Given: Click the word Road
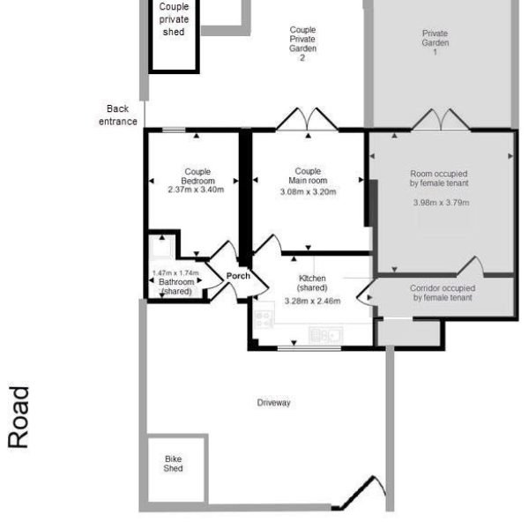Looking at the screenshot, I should click(19, 417).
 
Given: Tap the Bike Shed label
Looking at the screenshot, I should click(173, 464).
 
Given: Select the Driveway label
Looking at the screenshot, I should click(273, 403).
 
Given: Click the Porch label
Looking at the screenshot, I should click(238, 276).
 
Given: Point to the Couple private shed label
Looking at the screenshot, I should click(174, 19).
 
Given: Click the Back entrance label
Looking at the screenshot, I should click(117, 115).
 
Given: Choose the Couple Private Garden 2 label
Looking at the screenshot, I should click(302, 44).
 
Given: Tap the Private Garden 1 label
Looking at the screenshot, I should click(435, 43).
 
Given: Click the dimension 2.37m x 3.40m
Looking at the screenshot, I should click(196, 189).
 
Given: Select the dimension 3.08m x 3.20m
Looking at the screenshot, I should click(308, 191).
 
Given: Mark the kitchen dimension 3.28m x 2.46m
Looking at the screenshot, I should click(312, 301).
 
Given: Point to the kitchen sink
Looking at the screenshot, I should click(324, 334).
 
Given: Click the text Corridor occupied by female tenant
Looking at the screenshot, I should click(443, 294).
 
